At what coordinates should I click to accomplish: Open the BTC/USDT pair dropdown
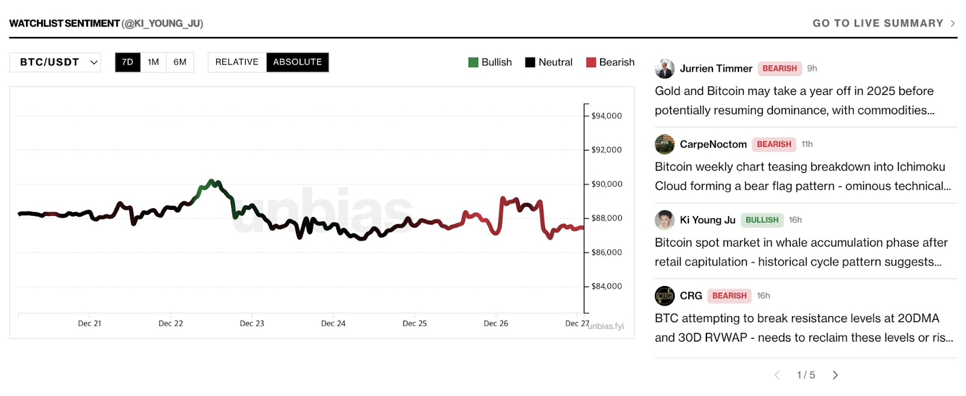point(55,62)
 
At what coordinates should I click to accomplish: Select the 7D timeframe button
point(127,62)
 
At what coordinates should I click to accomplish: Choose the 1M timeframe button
point(153,62)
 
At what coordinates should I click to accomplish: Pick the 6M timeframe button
point(180,62)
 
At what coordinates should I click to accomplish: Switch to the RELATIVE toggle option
point(237,62)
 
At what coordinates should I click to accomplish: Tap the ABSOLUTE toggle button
point(297,62)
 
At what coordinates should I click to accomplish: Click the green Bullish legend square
point(473,62)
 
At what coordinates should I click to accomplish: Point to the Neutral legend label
point(555,62)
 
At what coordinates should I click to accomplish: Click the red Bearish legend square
point(591,62)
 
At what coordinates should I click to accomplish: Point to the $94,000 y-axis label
point(606,116)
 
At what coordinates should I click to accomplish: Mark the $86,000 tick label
point(606,253)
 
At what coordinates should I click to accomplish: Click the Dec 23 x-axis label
point(252,323)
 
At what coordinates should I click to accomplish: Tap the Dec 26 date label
point(496,323)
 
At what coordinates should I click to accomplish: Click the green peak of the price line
point(211,181)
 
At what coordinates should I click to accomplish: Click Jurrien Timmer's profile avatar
point(665,69)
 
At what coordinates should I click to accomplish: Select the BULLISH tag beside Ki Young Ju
point(762,220)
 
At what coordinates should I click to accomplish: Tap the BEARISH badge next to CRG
point(729,296)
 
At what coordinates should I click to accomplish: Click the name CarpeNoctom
point(713,144)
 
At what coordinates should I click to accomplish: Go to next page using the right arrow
point(835,375)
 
